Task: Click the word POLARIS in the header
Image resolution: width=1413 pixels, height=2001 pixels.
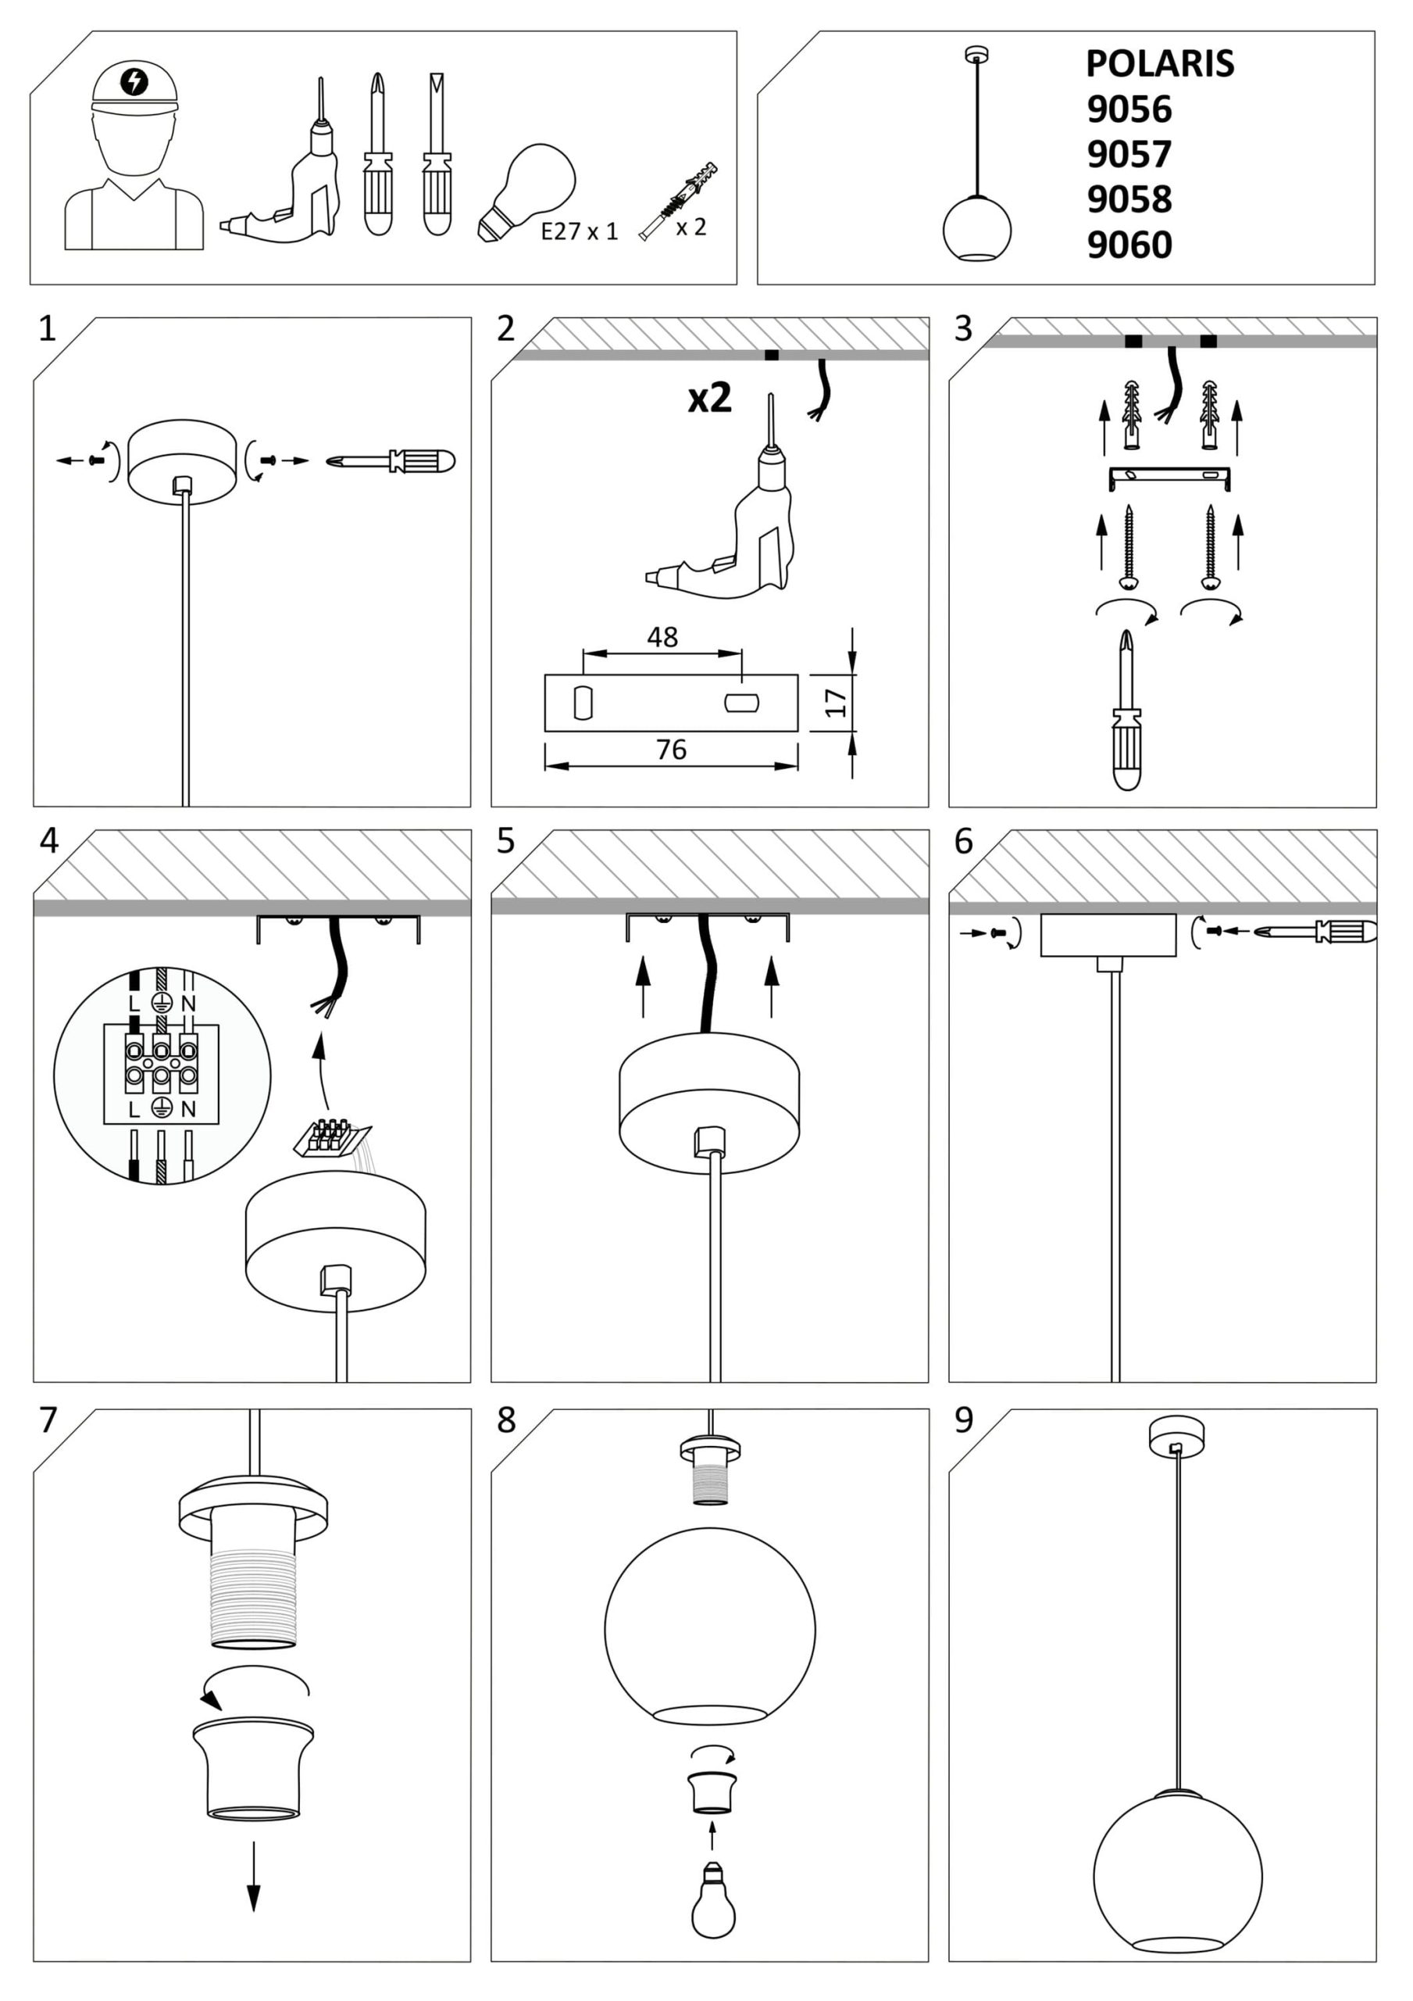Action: [1158, 63]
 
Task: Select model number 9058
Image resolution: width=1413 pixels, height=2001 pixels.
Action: [1129, 199]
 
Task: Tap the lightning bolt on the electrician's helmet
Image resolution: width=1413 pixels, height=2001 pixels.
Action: [134, 81]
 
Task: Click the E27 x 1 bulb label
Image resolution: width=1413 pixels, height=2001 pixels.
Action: [580, 231]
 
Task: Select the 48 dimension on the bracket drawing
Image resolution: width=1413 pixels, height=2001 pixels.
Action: [662, 637]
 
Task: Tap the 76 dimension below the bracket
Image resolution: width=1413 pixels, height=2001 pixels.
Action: [671, 749]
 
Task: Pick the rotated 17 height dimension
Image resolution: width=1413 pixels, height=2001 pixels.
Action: [836, 702]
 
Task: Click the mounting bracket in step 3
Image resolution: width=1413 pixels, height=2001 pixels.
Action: [1169, 477]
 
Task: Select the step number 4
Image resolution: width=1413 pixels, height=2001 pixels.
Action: [48, 841]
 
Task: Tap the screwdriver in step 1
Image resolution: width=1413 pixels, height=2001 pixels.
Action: [392, 461]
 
